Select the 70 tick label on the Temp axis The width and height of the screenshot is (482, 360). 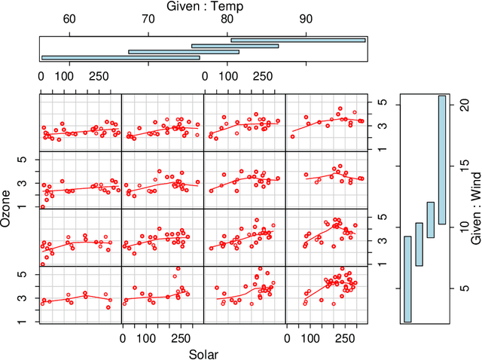click(148, 20)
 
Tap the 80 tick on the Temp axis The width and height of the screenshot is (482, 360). click(227, 20)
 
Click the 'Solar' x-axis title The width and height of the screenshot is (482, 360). click(203, 353)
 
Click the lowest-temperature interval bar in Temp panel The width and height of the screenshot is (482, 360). click(120, 57)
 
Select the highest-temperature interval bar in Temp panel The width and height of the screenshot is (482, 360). click(297, 40)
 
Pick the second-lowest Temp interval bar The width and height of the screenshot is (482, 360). click(184, 52)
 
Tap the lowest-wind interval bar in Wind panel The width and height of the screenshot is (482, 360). click(407, 279)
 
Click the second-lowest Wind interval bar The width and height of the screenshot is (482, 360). click(419, 244)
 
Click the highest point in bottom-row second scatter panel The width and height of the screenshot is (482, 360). click(178, 269)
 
